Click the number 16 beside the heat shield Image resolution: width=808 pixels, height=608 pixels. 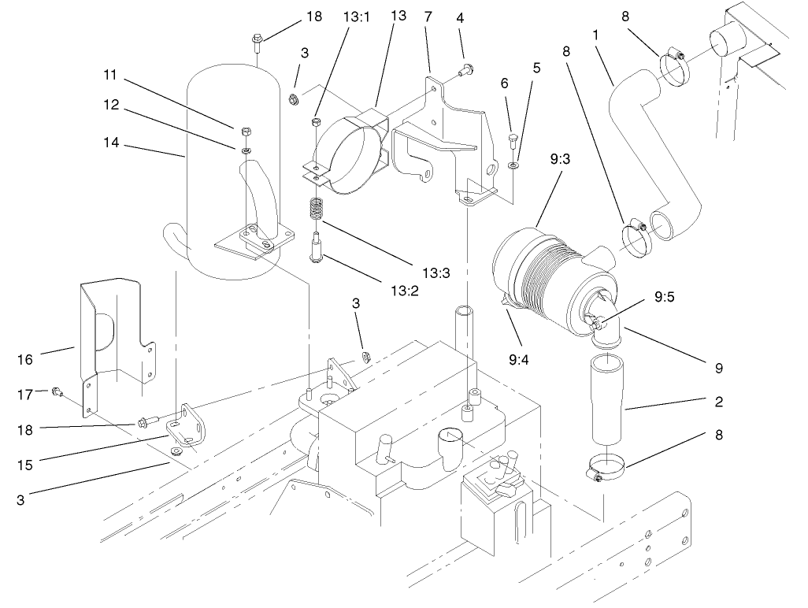point(26,359)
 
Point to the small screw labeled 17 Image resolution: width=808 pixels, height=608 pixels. point(57,391)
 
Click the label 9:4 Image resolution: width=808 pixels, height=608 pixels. point(519,360)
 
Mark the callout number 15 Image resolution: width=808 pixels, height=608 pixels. point(26,464)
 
